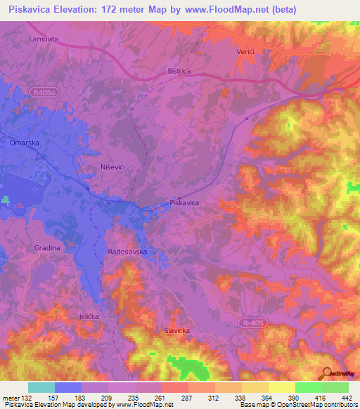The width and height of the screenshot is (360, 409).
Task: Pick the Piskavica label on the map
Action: point(185,202)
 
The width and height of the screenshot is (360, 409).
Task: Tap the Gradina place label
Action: point(48,248)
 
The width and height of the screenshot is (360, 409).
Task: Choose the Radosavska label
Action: point(127,251)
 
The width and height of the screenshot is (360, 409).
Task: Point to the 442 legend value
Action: point(347,397)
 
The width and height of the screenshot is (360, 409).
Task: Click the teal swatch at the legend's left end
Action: point(41,387)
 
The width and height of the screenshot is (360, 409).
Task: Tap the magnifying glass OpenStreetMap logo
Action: point(327,373)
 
